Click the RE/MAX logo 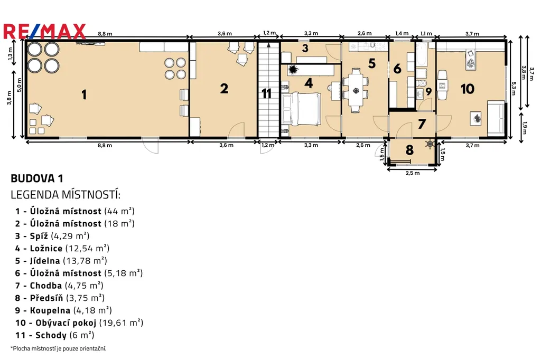pos(44,31)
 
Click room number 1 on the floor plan pos(84,94)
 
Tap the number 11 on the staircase pos(266,93)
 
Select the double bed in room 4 pos(302,109)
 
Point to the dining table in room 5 pos(356,90)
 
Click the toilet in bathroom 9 pos(421,83)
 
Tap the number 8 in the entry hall pos(409,150)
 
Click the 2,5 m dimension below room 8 pos(413,173)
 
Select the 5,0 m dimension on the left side pos(20,85)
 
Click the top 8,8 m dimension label pos(105,34)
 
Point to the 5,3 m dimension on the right pos(514,88)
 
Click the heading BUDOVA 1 pos(37,178)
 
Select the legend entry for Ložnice pos(62,248)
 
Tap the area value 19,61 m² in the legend pos(121,323)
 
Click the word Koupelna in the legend pos(50,310)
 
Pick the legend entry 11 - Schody pos(54,335)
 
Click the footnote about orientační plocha pos(58,348)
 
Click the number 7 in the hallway pos(422,124)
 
